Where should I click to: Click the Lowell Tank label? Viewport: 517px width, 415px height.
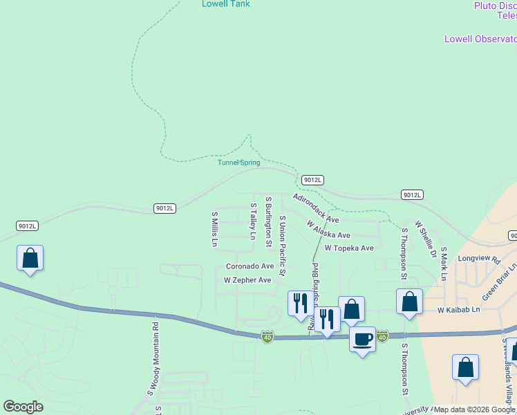point(225,4)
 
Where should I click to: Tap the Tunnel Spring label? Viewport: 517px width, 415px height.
point(239,163)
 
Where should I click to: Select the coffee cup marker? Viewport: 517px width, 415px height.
point(362,340)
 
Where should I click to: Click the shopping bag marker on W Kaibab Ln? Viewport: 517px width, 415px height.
point(409,302)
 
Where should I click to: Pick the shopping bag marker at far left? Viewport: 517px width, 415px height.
point(30,258)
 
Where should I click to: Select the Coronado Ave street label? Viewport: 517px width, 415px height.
point(250,266)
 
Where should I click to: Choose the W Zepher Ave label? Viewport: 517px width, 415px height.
point(247,280)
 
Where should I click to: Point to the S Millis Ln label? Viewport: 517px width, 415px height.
point(214,230)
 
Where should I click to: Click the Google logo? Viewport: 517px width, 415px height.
point(23,407)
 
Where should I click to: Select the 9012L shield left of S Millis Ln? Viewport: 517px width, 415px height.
point(165,208)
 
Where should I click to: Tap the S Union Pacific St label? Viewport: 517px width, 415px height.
point(282,246)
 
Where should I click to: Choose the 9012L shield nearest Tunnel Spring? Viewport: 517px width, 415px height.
point(312,180)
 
